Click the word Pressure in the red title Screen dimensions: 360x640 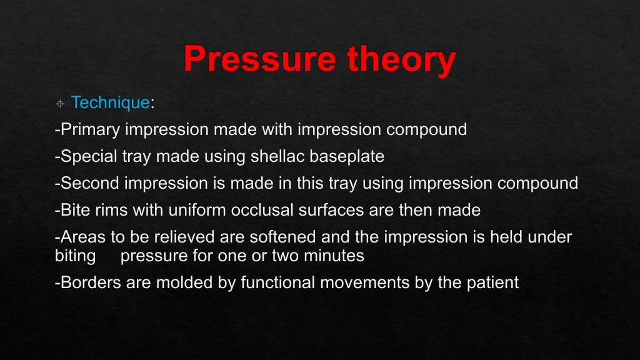257,59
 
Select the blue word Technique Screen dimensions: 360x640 110,102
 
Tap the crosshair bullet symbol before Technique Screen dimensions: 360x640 60,103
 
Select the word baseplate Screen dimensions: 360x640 350,156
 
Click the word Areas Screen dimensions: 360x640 79,237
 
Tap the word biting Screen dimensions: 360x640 75,256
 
